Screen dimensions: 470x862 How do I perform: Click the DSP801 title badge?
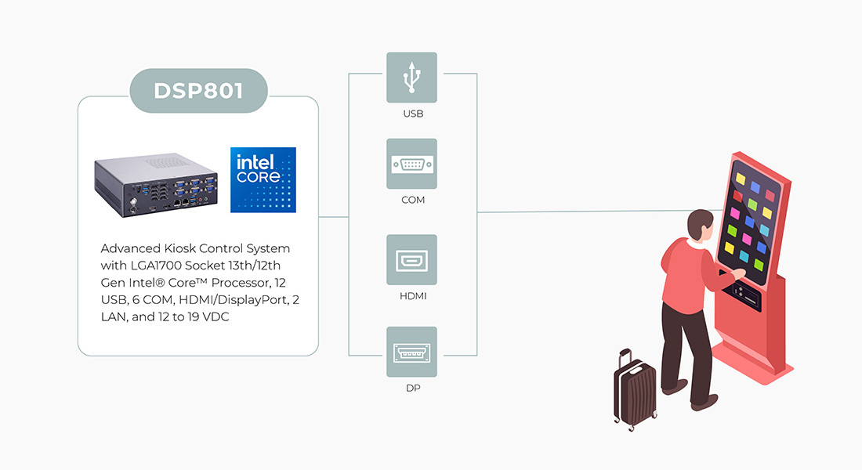(198, 90)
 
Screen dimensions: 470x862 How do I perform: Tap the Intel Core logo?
(263, 179)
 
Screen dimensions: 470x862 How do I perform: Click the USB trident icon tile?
(411, 78)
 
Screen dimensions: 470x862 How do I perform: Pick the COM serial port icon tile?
(411, 164)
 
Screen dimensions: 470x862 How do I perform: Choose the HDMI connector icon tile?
(411, 260)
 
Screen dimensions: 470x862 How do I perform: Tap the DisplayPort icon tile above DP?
(411, 352)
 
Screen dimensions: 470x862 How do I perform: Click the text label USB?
(413, 114)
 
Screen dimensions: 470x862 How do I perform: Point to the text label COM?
(413, 201)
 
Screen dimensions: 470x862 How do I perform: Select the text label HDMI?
(413, 297)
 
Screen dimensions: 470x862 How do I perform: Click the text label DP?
(413, 388)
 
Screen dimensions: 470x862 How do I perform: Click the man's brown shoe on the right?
(703, 402)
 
